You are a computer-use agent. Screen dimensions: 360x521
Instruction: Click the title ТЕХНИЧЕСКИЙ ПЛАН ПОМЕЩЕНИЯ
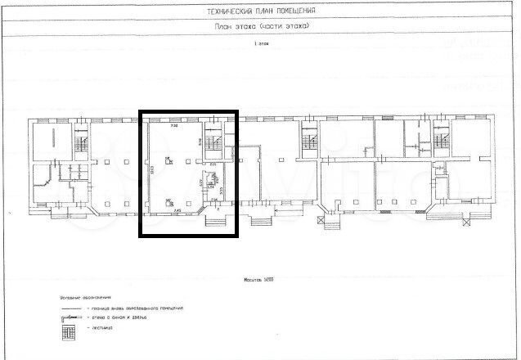pyautogui.click(x=261, y=11)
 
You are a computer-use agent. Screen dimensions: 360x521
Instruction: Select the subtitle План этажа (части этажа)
pyautogui.click(x=261, y=27)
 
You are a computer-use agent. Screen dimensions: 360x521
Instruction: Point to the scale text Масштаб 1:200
pyautogui.click(x=261, y=278)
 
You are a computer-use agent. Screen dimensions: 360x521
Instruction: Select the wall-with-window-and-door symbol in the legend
pyautogui.click(x=69, y=317)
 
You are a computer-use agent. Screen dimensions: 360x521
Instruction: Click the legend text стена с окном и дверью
pyautogui.click(x=128, y=317)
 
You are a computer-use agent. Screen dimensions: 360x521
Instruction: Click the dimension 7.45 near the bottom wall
pyautogui.click(x=177, y=209)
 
